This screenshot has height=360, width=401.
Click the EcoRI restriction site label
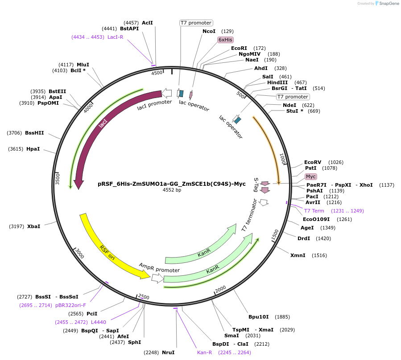point(239,48)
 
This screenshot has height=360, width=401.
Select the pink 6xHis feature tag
point(225,40)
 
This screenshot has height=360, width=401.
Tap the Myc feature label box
point(310,176)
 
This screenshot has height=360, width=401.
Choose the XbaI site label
point(33,226)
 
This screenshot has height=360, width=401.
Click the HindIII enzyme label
point(277,82)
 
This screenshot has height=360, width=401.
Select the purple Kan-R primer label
point(204,352)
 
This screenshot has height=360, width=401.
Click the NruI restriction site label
point(168,352)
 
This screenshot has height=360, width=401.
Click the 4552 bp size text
point(172,190)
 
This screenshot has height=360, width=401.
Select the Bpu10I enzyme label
point(259,317)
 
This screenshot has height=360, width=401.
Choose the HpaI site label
point(33,149)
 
